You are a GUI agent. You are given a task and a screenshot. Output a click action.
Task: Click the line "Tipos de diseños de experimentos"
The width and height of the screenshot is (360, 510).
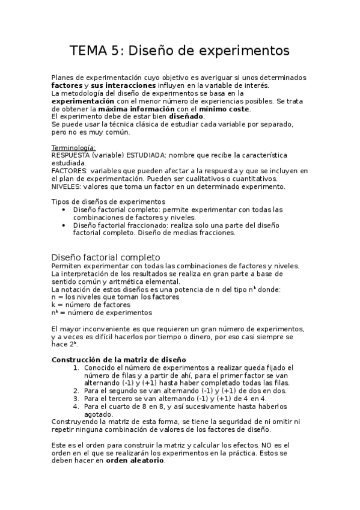click(108, 201)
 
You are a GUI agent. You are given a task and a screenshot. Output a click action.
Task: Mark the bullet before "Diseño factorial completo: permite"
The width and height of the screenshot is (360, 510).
click(64, 209)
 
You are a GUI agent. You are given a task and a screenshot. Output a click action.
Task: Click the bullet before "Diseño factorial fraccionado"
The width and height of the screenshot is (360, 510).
click(64, 225)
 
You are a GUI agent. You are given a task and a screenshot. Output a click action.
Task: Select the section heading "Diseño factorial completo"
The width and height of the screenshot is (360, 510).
click(106, 257)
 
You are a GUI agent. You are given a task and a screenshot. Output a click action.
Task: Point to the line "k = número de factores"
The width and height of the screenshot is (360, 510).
click(91, 305)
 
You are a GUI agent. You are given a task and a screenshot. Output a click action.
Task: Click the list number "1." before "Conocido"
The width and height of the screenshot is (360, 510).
click(76, 367)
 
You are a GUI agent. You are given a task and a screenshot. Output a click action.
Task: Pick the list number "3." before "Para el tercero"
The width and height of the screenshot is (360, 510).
click(76, 398)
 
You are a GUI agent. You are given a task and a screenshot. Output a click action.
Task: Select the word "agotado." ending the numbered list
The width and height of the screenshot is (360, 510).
click(98, 414)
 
